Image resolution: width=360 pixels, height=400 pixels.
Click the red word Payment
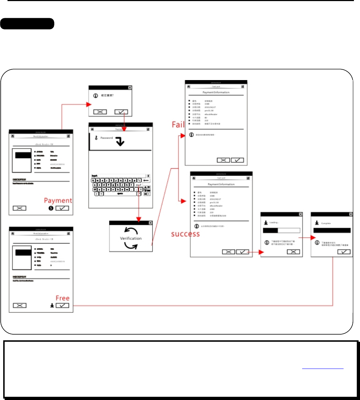pos(58,201)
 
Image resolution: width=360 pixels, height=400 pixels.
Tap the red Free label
pos(62,298)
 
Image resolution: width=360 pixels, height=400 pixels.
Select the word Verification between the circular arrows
pos(131,238)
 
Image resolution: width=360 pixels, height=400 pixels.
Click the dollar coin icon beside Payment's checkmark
pos(51,208)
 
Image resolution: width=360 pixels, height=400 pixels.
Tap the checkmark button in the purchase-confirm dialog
pos(121,112)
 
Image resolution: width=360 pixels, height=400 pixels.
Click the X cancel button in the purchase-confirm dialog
pos(100,112)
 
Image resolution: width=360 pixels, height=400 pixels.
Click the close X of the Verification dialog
pos(150,223)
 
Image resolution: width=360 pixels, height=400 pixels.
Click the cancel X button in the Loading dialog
pos(294,252)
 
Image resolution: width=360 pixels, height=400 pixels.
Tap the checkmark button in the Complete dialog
pos(344,252)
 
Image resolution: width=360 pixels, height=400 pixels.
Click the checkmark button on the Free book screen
pos(62,305)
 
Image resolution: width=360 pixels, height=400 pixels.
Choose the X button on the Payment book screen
pos(19,208)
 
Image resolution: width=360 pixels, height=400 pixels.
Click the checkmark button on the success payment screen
pos(243,252)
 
